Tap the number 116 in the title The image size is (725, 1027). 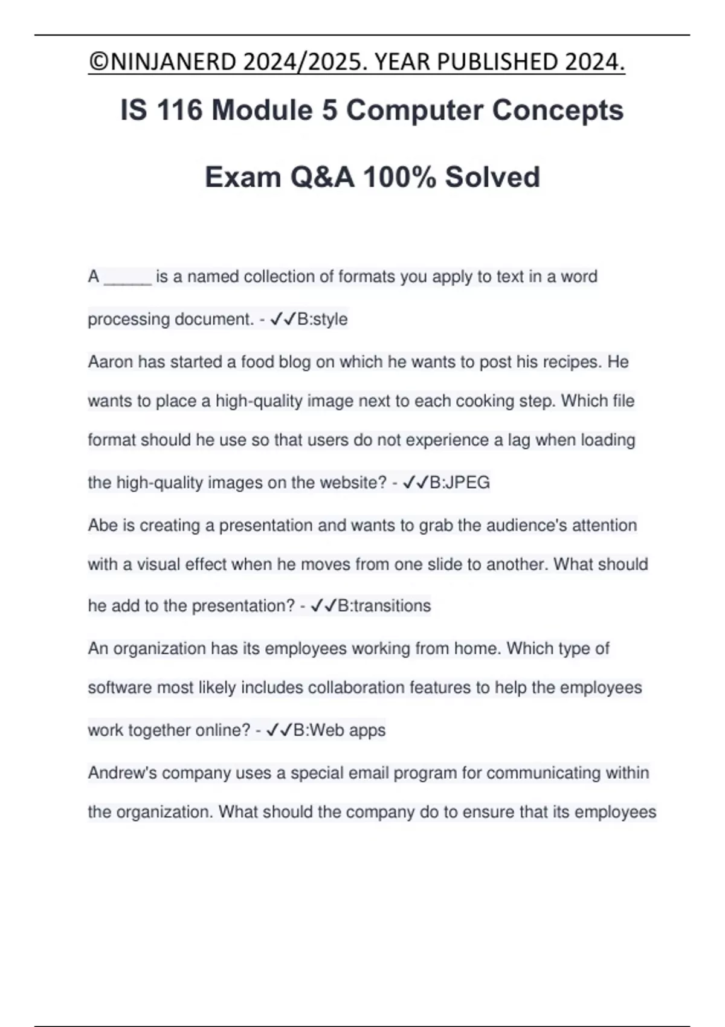coord(179,110)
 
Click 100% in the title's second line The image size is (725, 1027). coord(399,177)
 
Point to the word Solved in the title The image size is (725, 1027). coord(492,177)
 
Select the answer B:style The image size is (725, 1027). coord(323,319)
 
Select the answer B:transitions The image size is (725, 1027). coord(384,606)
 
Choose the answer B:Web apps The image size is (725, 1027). coord(340,730)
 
